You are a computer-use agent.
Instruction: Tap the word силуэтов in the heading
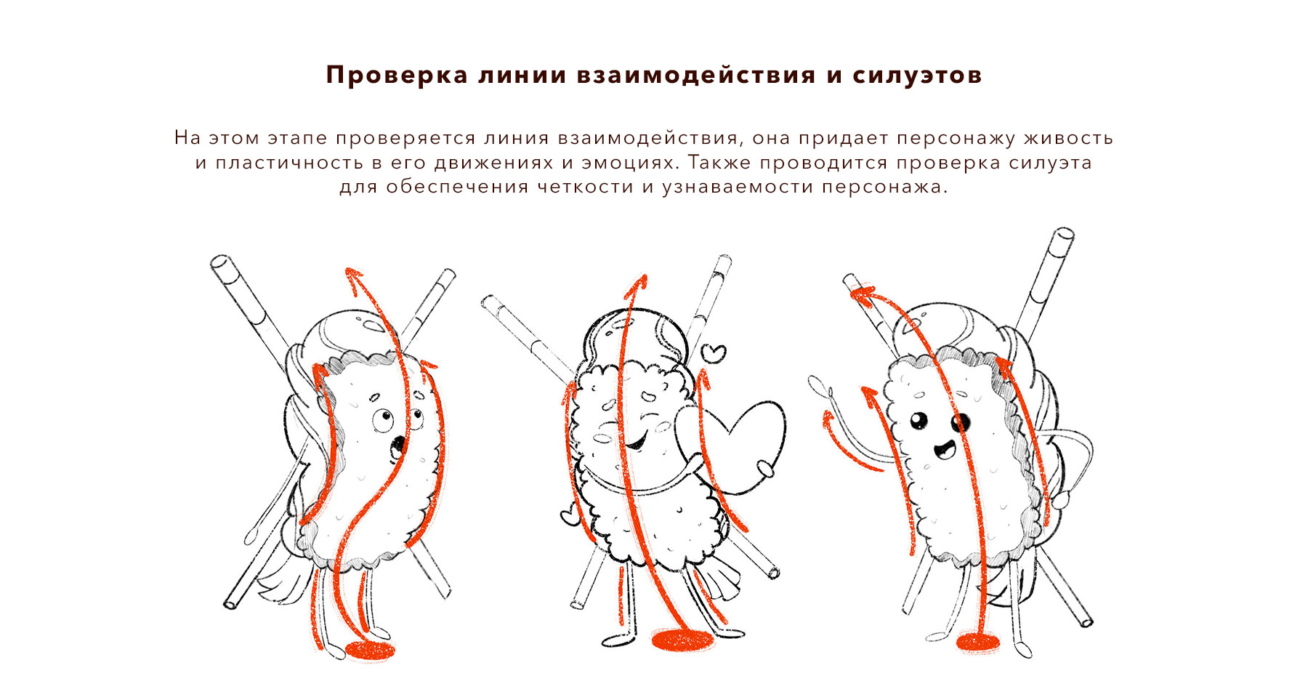[917, 75]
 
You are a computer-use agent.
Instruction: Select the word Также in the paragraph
[719, 162]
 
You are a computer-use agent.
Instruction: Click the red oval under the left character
[369, 650]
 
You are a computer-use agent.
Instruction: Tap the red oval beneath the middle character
[682, 640]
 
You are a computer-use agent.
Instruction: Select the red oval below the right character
[978, 642]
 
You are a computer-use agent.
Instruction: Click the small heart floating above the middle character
[715, 353]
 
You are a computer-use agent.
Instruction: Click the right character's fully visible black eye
[919, 420]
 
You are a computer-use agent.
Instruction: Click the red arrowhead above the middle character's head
[637, 285]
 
